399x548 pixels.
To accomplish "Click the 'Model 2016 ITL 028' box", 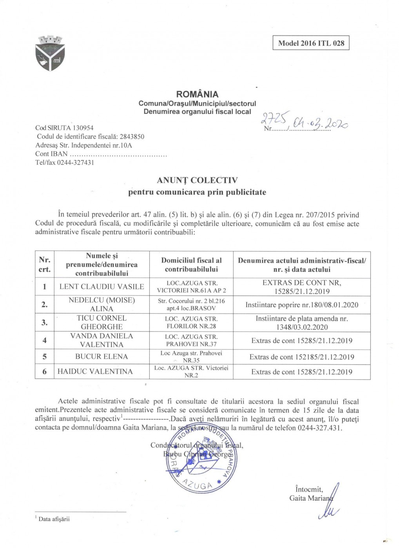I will point(311,43).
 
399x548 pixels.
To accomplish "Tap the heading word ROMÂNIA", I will point(197,94).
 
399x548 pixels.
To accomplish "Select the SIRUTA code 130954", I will point(83,128).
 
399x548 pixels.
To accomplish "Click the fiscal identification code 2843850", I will point(132,137).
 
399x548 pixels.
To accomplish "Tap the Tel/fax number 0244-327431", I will point(76,162).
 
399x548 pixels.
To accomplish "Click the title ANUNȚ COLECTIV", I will point(197,180).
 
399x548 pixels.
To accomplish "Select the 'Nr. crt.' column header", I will point(45,265).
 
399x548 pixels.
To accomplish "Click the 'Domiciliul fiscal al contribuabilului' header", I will point(191,265).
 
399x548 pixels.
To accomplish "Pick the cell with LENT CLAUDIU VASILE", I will point(102,287).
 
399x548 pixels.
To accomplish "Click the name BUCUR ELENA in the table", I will point(102,357).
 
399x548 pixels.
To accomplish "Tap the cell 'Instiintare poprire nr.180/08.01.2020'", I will point(302,305).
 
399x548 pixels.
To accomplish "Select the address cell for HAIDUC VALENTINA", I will point(191,371).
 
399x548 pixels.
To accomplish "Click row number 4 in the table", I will point(45,341).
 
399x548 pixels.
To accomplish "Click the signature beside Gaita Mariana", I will point(330,505).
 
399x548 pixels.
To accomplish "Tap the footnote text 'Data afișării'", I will point(54,519).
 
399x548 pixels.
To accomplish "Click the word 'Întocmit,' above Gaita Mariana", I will point(309,489).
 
